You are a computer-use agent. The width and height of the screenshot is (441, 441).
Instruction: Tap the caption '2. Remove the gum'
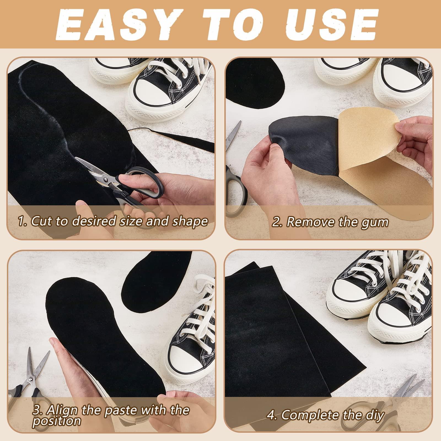coord(330,222)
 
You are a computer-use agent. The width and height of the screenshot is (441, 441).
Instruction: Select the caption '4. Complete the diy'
coord(325,414)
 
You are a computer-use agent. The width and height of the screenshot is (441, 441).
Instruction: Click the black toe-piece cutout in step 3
coord(143,287)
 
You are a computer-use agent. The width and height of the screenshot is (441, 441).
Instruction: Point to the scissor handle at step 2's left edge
coord(234,187)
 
